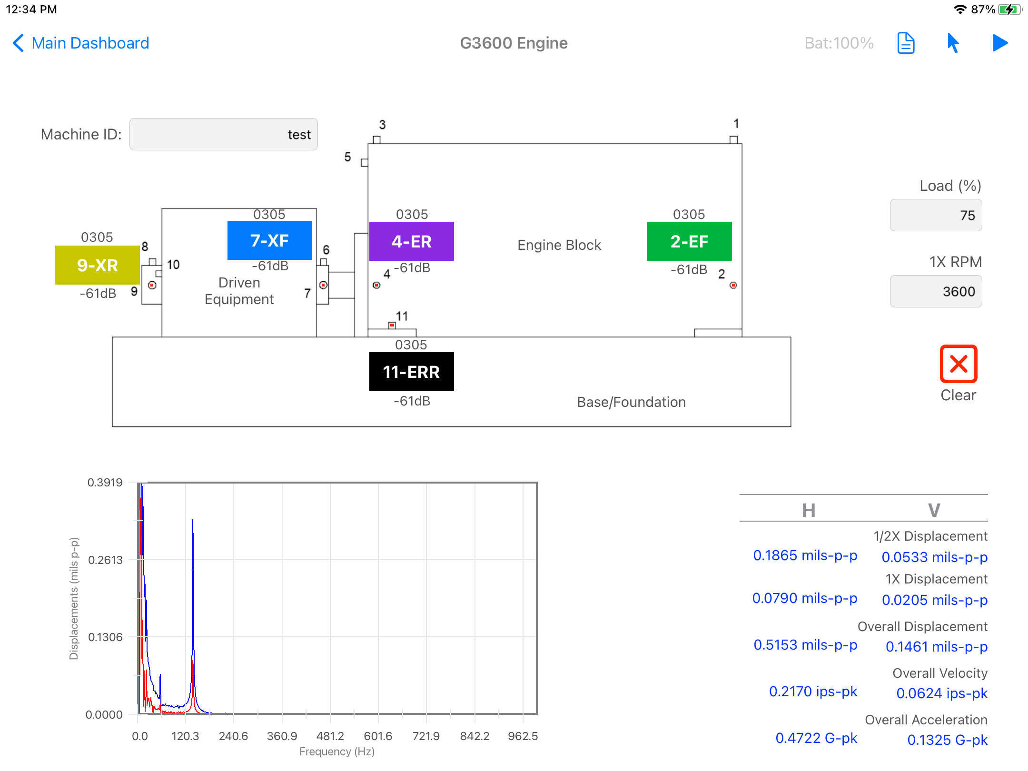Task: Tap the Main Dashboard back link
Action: [81, 43]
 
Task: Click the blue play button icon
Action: [1000, 43]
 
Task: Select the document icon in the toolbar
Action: [906, 43]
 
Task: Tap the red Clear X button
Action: [959, 364]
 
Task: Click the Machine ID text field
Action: [224, 134]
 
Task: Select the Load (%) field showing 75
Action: [936, 215]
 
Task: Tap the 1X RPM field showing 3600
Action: [936, 291]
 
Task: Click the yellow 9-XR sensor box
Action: [98, 265]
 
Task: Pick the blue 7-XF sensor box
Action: [270, 240]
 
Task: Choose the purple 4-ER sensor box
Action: [412, 241]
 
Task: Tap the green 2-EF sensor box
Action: [690, 241]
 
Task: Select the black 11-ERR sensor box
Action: [412, 372]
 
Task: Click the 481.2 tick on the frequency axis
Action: [330, 736]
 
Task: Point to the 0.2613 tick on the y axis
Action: [105, 560]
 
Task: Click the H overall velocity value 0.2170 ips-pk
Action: [813, 692]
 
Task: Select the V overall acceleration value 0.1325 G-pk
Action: [947, 740]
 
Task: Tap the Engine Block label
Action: [559, 245]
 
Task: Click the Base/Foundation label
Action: [632, 402]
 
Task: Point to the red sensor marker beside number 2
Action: [733, 285]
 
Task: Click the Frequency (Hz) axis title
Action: [337, 751]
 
